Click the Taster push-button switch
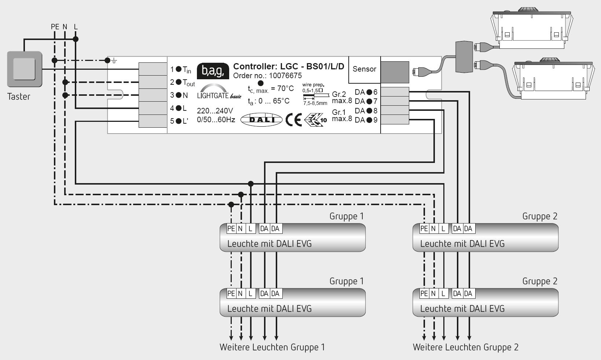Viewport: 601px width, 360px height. (x=25, y=69)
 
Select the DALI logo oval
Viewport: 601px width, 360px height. (x=261, y=120)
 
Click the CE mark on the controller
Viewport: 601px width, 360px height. (x=293, y=120)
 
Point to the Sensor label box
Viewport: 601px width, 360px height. (x=364, y=69)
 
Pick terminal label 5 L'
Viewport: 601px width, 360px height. (x=179, y=121)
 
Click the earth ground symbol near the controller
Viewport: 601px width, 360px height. (x=114, y=61)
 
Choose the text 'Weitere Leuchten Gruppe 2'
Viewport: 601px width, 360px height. (x=465, y=347)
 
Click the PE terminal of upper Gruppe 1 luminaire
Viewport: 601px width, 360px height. (x=231, y=229)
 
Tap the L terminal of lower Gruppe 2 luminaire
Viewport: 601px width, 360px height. (x=443, y=294)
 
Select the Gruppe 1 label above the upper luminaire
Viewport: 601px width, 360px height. (x=346, y=216)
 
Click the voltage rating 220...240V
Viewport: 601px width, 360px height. (x=215, y=111)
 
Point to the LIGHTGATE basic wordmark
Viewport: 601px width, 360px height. (x=219, y=96)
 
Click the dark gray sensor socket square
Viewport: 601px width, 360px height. (x=395, y=72)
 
